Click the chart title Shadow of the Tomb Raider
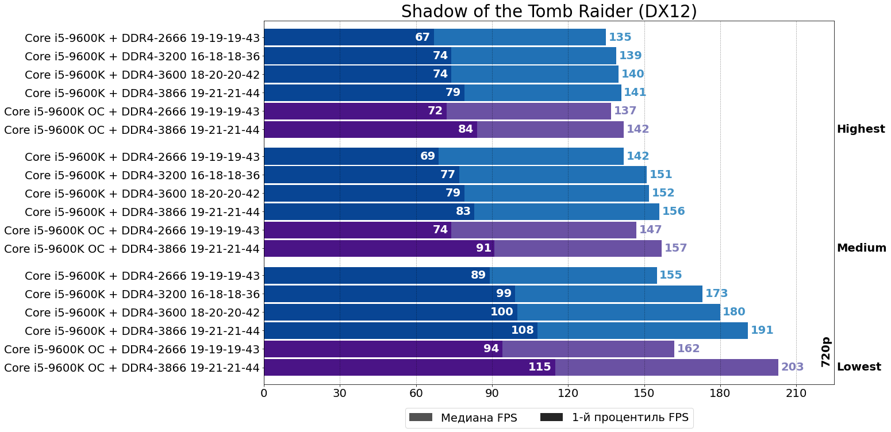coord(548,11)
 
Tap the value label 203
coord(792,367)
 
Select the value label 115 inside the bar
coord(539,367)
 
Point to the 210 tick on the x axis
coord(796,394)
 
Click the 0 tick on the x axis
coord(264,394)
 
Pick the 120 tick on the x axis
coord(568,394)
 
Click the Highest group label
coord(861,129)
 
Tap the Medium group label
coord(861,248)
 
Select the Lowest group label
coord(859,367)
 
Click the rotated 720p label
coord(825,352)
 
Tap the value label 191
coord(762,330)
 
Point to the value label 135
coord(620,37)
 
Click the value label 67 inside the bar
coord(423,37)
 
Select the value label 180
coord(733,312)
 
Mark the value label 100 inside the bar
coord(501,312)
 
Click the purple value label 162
coord(688,349)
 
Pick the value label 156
coord(673,211)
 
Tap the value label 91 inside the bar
coord(483,248)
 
